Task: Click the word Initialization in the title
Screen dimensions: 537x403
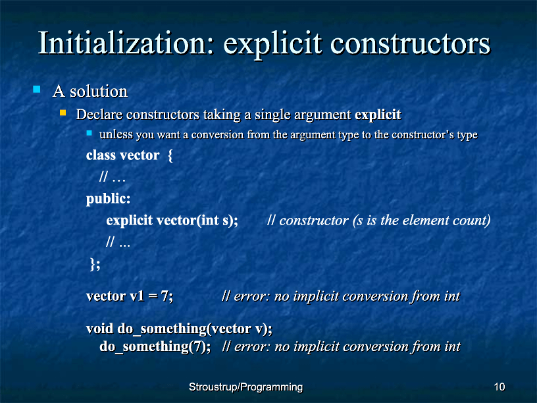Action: click(126, 43)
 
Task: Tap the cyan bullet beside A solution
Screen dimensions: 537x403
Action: click(37, 90)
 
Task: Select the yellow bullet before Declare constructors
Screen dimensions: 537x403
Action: click(63, 113)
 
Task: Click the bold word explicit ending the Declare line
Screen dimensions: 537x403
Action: click(378, 115)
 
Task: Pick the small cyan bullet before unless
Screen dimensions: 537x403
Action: click(89, 133)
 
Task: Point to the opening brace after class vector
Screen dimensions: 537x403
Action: click(170, 156)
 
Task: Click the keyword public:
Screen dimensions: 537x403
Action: click(108, 199)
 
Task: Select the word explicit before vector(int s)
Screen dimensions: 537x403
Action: click(129, 221)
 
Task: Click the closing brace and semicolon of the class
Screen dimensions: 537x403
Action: click(95, 264)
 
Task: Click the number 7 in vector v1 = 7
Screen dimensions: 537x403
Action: click(165, 296)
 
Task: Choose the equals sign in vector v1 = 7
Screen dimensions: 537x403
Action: click(153, 296)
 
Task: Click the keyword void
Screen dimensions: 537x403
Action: click(99, 329)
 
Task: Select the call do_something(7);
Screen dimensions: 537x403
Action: click(155, 346)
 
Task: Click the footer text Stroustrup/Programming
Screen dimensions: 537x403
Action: click(245, 387)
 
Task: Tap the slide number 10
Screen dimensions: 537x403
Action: click(499, 387)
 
